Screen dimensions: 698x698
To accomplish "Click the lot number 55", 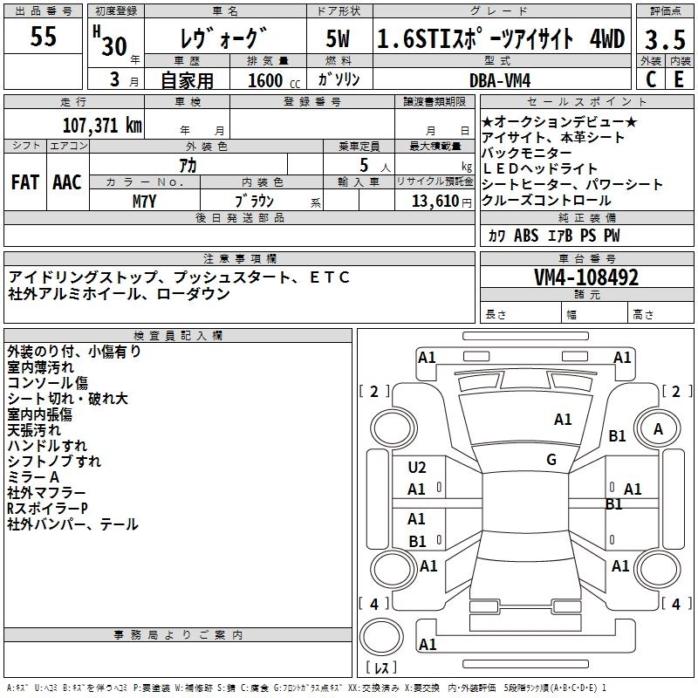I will point(43,38).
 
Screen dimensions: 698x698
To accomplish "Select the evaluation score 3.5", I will point(665,39).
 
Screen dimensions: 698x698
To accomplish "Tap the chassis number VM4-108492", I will point(586,277).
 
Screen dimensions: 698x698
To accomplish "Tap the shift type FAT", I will point(24,183).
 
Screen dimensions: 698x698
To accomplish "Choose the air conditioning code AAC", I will point(66,183).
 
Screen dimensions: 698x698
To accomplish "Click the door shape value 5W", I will point(339,39).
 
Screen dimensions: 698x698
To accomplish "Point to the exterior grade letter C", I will point(650,79).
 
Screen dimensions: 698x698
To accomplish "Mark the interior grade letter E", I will point(679,79).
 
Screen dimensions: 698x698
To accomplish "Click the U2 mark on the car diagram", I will point(417,468).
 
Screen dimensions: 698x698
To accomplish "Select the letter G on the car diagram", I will point(551,460).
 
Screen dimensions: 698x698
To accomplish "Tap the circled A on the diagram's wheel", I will point(658,428).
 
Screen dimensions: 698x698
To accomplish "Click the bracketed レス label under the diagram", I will point(381,669).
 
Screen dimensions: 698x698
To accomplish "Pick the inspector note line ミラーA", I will point(32,477).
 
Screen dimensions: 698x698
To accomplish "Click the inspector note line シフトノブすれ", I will point(53,462).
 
